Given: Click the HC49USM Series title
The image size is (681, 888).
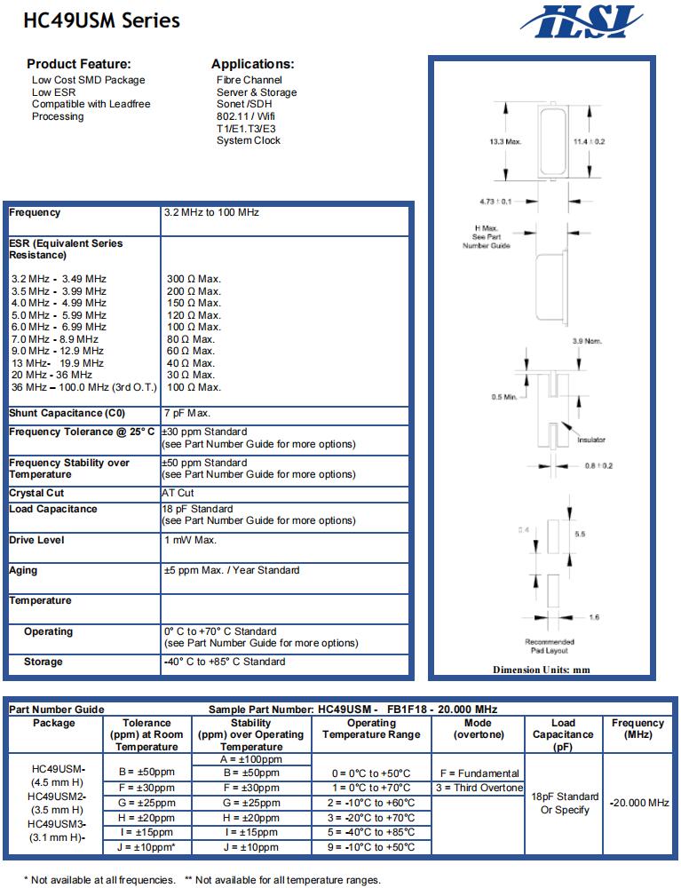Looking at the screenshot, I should click(x=102, y=20).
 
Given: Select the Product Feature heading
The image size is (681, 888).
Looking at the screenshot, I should click(x=79, y=64).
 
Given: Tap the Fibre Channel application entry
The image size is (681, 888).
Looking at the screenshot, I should click(x=249, y=80).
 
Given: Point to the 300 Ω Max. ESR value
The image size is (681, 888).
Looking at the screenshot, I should click(x=194, y=279).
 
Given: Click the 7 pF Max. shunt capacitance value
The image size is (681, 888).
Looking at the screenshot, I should click(x=187, y=414).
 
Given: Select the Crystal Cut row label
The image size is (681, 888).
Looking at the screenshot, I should click(x=36, y=493).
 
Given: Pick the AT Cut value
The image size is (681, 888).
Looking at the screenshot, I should click(x=178, y=493).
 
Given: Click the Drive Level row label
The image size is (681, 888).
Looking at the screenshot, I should click(x=36, y=540).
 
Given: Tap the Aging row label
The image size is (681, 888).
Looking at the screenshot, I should click(x=23, y=570).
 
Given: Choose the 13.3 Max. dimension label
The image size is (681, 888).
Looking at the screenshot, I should click(x=505, y=141).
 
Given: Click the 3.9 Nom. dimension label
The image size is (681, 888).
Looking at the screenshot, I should click(x=589, y=342).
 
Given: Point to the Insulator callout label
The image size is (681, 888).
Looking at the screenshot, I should click(x=591, y=440).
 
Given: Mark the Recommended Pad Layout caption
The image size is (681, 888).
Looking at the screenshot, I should click(x=550, y=646).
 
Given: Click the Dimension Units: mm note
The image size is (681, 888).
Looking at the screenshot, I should click(x=542, y=670).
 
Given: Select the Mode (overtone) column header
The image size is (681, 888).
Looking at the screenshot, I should click(x=479, y=729).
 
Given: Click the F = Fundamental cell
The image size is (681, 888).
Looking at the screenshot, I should click(x=479, y=773).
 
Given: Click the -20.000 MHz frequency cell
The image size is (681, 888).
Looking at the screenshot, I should click(x=638, y=803).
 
